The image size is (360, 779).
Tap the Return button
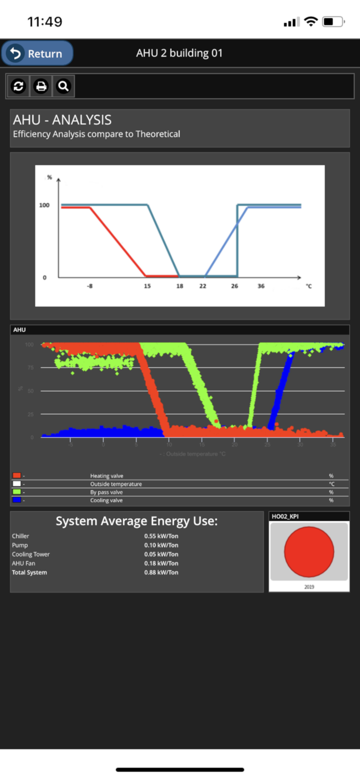coord(37,53)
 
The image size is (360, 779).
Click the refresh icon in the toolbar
coord(19,86)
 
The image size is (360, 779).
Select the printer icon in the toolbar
coord(41,86)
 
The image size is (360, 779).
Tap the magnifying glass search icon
coord(63,86)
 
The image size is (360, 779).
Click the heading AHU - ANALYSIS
coord(62,120)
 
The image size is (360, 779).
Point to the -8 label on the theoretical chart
coord(90,286)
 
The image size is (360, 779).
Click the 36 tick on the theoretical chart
coord(261,286)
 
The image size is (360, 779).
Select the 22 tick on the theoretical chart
coord(203,286)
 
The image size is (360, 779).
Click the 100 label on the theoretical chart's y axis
coord(45,205)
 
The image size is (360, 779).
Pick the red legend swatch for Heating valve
coord(17,476)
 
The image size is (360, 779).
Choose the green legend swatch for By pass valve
coord(17,492)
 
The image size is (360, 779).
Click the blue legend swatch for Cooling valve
coord(17,500)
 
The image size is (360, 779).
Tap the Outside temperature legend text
coord(116,484)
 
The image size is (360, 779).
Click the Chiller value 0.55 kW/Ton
coord(161,536)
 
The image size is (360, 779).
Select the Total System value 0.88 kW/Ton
coord(161,572)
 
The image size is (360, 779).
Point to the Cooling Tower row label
coord(31,554)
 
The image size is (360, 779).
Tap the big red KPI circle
coord(309,552)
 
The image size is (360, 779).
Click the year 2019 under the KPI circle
coord(309,587)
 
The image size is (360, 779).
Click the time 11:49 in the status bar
coord(45,22)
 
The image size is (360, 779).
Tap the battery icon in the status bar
coord(333,22)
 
